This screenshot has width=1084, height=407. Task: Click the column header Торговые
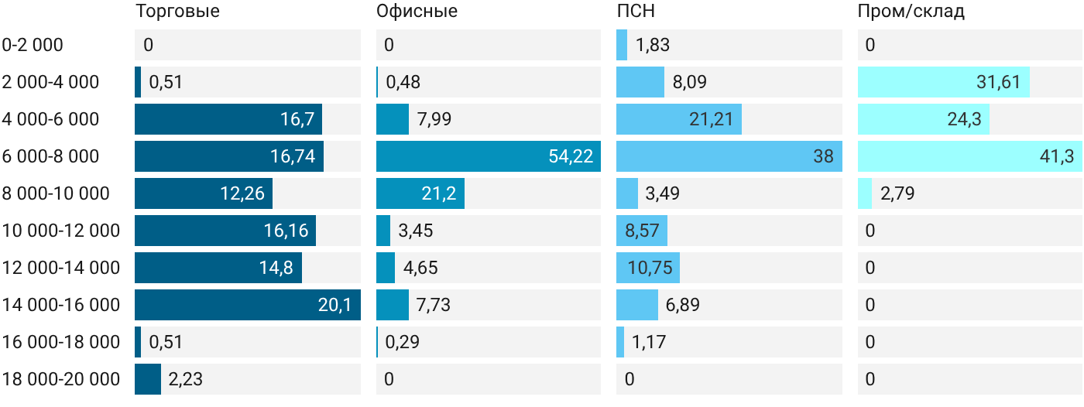tap(177, 11)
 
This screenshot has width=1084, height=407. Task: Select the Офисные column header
tap(417, 11)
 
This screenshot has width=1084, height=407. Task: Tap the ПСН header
tap(636, 11)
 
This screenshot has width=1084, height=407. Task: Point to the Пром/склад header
tap(911, 11)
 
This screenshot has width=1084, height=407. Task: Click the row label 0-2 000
tap(33, 45)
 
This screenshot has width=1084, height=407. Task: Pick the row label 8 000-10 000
tap(56, 193)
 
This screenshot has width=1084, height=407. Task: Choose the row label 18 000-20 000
tap(61, 379)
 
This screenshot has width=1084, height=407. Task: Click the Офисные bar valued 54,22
tap(489, 156)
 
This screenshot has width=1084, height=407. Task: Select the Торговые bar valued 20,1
tap(248, 305)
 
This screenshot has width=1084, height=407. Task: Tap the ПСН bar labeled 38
tap(729, 156)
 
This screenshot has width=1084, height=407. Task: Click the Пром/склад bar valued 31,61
tap(944, 82)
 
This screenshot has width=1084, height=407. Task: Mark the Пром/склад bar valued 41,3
tap(969, 156)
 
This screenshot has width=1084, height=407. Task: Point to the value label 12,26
tap(242, 193)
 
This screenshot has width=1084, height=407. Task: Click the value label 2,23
tap(185, 379)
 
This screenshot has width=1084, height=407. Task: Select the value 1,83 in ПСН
tap(652, 45)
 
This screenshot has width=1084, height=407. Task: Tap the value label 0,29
tap(402, 342)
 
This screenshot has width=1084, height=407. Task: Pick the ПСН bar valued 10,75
tap(648, 267)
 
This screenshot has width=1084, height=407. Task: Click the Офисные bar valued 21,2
tap(420, 193)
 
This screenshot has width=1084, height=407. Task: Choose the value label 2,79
tap(897, 193)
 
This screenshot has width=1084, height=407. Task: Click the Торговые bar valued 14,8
tap(218, 267)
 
